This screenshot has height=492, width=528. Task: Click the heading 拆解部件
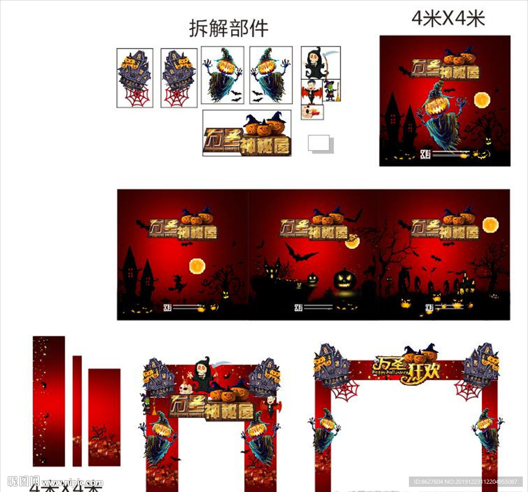point(228,28)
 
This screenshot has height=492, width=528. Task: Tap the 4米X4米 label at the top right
point(448,19)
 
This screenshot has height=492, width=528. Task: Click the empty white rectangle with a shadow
point(319,143)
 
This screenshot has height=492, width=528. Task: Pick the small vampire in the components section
point(311,91)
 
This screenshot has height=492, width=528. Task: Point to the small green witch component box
point(331,91)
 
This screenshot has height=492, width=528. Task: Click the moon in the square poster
point(482,100)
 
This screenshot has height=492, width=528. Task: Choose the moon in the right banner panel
point(490,224)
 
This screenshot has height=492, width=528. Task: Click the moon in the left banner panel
point(197,266)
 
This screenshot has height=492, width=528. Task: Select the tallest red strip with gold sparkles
point(49,401)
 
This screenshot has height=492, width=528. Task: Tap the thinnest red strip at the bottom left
point(77,411)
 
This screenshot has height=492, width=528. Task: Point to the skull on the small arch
point(185,388)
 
